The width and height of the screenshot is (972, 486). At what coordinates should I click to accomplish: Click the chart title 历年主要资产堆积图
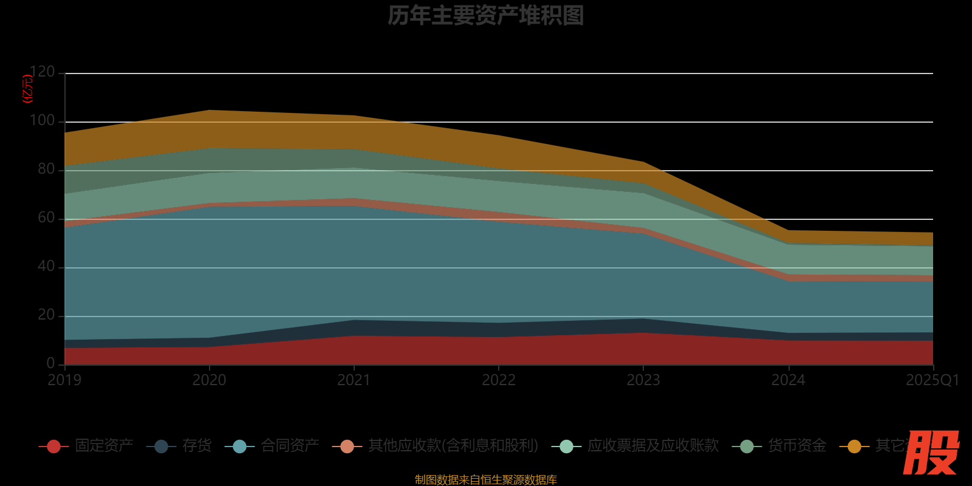485,16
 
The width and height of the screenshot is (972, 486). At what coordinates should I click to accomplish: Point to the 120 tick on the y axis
43,72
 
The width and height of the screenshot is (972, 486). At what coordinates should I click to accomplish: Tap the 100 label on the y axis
43,120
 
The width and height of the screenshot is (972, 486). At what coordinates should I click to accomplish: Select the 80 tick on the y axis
46,169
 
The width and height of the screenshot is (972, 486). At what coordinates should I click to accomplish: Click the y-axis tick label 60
46,217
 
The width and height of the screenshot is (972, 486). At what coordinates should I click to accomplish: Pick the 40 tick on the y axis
46,266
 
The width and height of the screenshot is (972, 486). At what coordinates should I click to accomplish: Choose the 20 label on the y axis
46,315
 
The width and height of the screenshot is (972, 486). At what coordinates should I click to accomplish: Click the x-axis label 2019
64,380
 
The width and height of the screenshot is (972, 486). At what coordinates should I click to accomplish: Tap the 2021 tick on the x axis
354,380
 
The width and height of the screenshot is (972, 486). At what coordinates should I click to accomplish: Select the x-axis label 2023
643,380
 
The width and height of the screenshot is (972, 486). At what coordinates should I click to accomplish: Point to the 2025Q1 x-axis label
932,380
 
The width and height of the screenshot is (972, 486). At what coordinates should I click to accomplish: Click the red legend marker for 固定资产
53,447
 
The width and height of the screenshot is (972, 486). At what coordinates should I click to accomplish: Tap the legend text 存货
197,446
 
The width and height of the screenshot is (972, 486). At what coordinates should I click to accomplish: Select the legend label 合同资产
290,446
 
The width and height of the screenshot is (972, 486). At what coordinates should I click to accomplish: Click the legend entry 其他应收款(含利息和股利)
453,446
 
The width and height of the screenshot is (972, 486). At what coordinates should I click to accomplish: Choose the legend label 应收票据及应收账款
653,446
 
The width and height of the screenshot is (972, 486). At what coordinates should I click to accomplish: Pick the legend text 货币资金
797,446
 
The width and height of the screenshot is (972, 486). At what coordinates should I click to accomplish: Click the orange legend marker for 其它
854,447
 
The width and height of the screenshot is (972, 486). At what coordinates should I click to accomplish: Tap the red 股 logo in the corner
931,453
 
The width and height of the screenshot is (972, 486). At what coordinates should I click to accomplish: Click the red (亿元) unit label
27,89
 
